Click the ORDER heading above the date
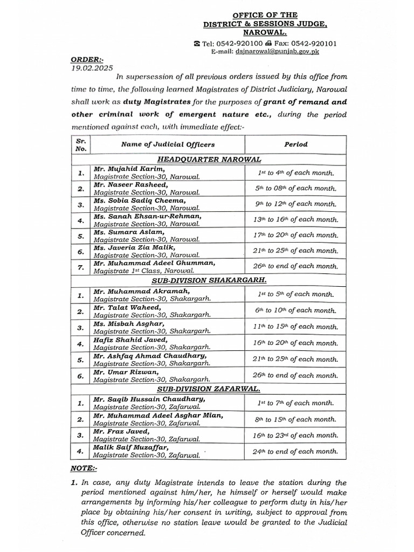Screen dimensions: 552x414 click(87, 60)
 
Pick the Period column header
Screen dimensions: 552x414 click(296, 144)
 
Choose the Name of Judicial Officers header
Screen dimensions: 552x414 click(168, 144)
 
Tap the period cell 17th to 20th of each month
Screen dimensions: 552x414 click(296, 235)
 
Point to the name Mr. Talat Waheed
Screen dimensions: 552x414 click(122, 307)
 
